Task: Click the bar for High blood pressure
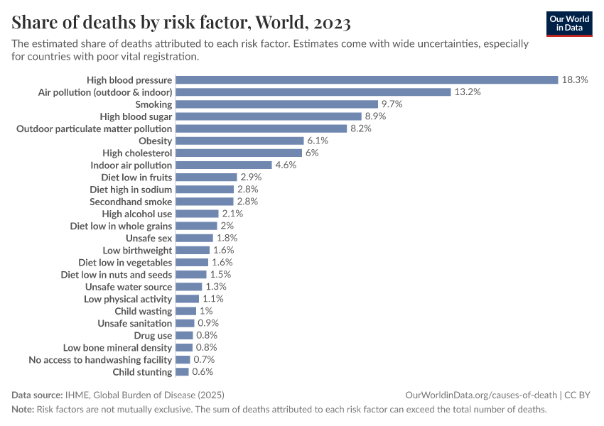point(367,80)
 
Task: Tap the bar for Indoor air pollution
point(224,165)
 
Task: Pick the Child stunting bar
point(183,372)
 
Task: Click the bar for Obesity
point(239,141)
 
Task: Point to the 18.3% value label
point(575,80)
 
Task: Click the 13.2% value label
point(468,92)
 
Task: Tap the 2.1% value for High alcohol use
point(232,214)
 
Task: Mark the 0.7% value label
point(204,360)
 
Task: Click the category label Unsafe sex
point(149,238)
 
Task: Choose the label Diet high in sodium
point(131,190)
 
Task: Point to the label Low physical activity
point(128,299)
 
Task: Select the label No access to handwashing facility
point(100,360)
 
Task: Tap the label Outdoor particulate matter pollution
point(94,129)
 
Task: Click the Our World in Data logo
point(569,23)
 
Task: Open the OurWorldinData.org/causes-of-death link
point(480,395)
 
